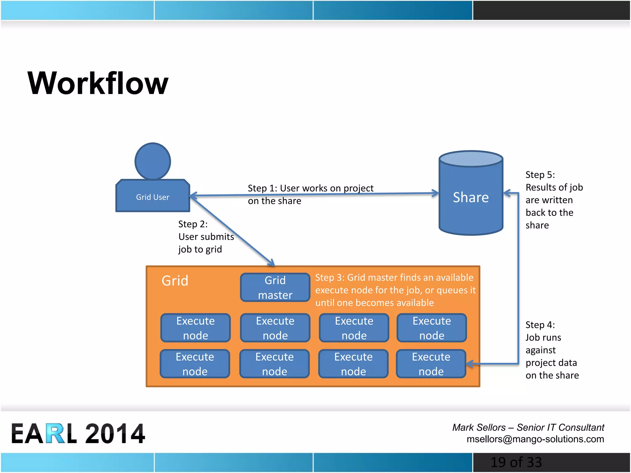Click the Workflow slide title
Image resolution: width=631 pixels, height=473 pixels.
pyautogui.click(x=98, y=83)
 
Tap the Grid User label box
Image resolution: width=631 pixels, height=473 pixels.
pyautogui.click(x=153, y=196)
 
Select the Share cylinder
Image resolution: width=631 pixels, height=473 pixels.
pyautogui.click(x=470, y=197)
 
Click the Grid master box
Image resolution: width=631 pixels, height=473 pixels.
pyautogui.click(x=275, y=287)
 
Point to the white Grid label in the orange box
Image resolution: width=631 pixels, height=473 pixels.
pyautogui.click(x=175, y=281)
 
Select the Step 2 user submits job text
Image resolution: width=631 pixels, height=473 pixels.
pyautogui.click(x=206, y=236)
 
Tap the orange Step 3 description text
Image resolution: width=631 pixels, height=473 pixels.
pyautogui.click(x=395, y=290)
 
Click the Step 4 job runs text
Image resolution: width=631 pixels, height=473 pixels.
pyautogui.click(x=552, y=350)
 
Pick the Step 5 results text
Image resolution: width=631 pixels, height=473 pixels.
pyautogui.click(x=553, y=200)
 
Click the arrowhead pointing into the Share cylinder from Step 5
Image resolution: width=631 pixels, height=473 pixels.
pyautogui.click(x=507, y=193)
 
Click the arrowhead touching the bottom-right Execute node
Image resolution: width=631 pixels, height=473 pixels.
pyautogui.click(x=470, y=364)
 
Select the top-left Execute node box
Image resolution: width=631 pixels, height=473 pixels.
pyautogui.click(x=195, y=328)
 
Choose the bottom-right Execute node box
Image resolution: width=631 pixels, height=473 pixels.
pyautogui.click(x=431, y=364)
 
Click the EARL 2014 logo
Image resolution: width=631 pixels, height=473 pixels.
pyautogui.click(x=78, y=433)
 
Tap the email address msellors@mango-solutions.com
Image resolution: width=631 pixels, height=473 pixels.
pyautogui.click(x=535, y=439)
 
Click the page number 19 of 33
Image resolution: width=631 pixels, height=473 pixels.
pyautogui.click(x=516, y=462)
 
